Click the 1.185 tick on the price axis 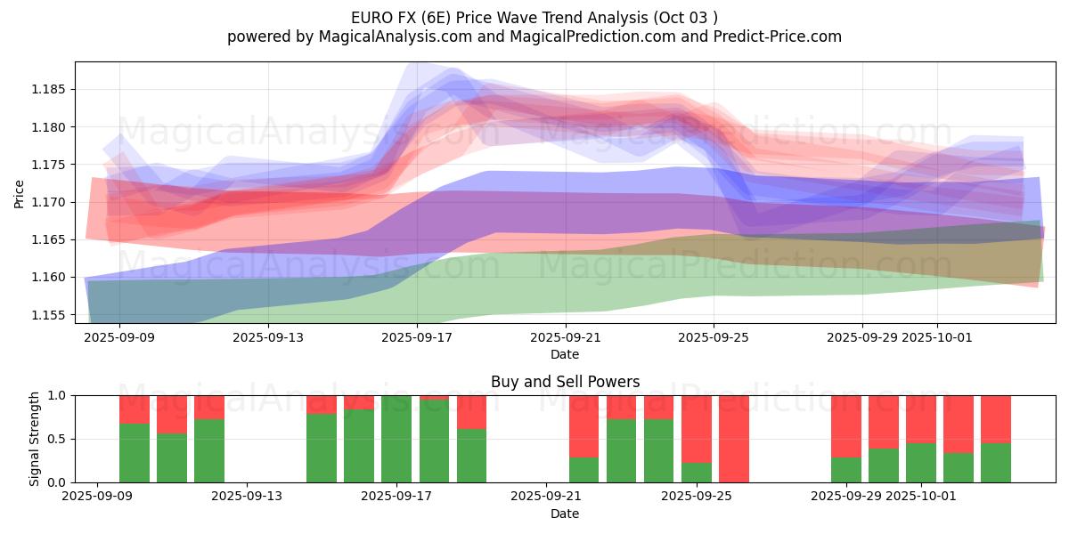coord(52,90)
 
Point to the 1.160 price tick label coord(52,278)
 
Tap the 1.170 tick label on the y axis coord(52,203)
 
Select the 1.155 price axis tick coord(52,315)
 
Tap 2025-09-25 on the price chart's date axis coord(713,338)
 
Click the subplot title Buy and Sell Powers coord(565,382)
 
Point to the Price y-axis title coord(20,193)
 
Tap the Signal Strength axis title coord(35,439)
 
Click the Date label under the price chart coord(565,354)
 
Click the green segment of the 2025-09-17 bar coord(396,441)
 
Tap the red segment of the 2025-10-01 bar coord(921,418)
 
